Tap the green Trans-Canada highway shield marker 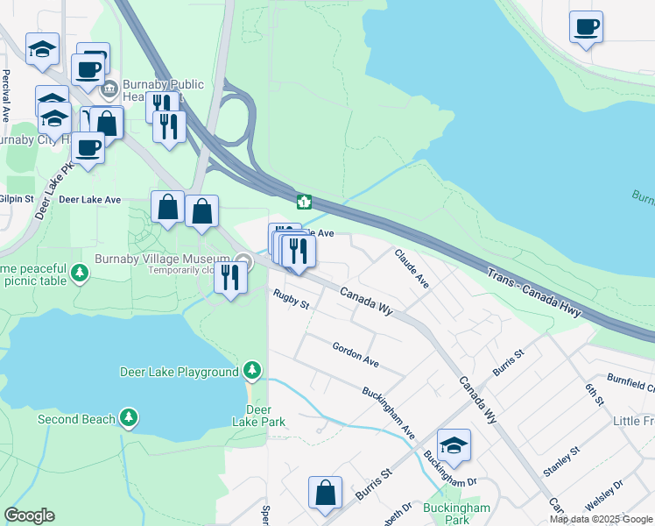(x=304, y=203)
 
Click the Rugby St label (x=291, y=299)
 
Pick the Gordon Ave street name (x=355, y=354)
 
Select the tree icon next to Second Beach (x=130, y=419)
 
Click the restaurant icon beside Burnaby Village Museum (x=230, y=278)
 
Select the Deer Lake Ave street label (x=89, y=200)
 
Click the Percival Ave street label (x=6, y=95)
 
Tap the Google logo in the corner (x=29, y=515)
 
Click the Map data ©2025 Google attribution (x=601, y=519)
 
